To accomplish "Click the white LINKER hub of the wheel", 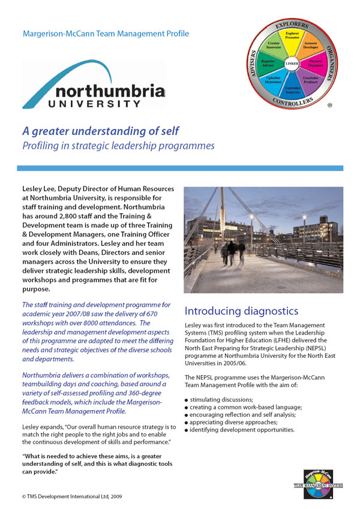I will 292,64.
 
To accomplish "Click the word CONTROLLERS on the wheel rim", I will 292,103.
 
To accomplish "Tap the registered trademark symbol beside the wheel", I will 346,105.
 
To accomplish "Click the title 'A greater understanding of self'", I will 100,131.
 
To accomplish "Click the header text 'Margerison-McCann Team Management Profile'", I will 106,34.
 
